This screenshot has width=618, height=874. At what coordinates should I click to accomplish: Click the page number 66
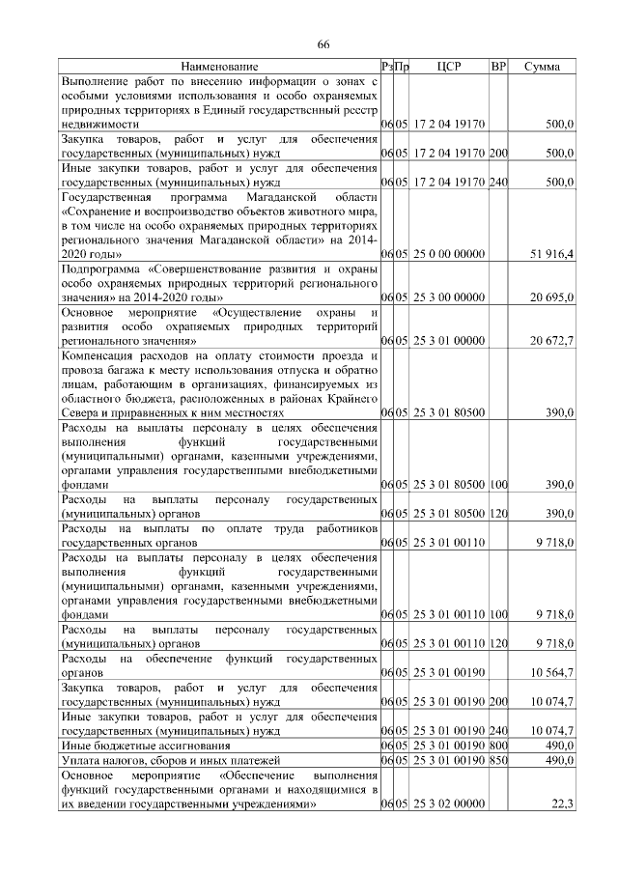coord(324,44)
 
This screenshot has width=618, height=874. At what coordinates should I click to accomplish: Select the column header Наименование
coord(219,67)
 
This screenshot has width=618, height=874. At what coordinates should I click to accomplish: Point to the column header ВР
coord(498,67)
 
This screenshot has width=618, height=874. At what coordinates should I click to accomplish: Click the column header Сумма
coord(543,67)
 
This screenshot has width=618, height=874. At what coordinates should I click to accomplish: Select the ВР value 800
coord(498,746)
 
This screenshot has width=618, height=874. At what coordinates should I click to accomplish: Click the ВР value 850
coord(498,760)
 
